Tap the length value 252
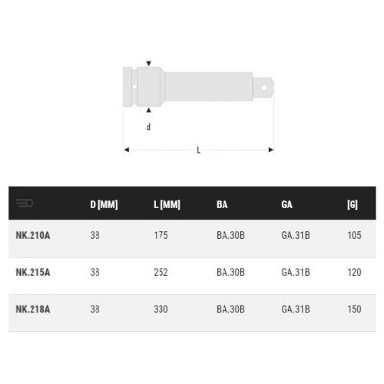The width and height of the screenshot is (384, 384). coord(161,272)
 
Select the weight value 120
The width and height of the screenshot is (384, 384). coord(355,272)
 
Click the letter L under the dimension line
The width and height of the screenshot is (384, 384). coord(199,150)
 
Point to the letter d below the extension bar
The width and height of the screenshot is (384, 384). coord(148,127)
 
